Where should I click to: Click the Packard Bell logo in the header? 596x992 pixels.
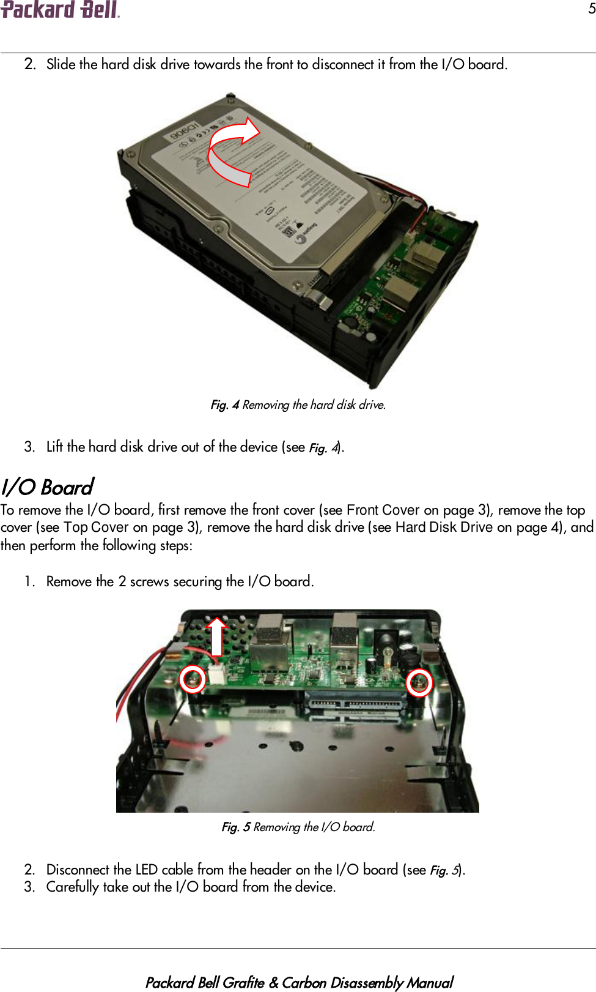[60, 10]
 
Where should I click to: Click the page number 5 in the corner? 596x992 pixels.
[591, 9]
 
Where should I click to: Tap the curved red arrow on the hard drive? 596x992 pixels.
[232, 151]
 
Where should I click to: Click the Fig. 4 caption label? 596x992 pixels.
[224, 405]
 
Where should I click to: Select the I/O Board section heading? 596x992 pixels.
[47, 487]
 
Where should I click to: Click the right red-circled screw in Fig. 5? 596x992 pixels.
[419, 682]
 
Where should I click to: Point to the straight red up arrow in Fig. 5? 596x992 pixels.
[216, 636]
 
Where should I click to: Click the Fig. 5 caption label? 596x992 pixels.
[235, 827]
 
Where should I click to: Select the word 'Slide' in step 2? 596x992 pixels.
[61, 64]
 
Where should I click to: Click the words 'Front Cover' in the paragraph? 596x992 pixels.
[383, 510]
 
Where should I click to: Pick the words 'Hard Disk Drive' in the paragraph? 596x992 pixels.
[443, 527]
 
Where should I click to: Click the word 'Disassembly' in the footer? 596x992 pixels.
[367, 982]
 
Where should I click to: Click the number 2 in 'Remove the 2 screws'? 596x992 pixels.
[122, 581]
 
